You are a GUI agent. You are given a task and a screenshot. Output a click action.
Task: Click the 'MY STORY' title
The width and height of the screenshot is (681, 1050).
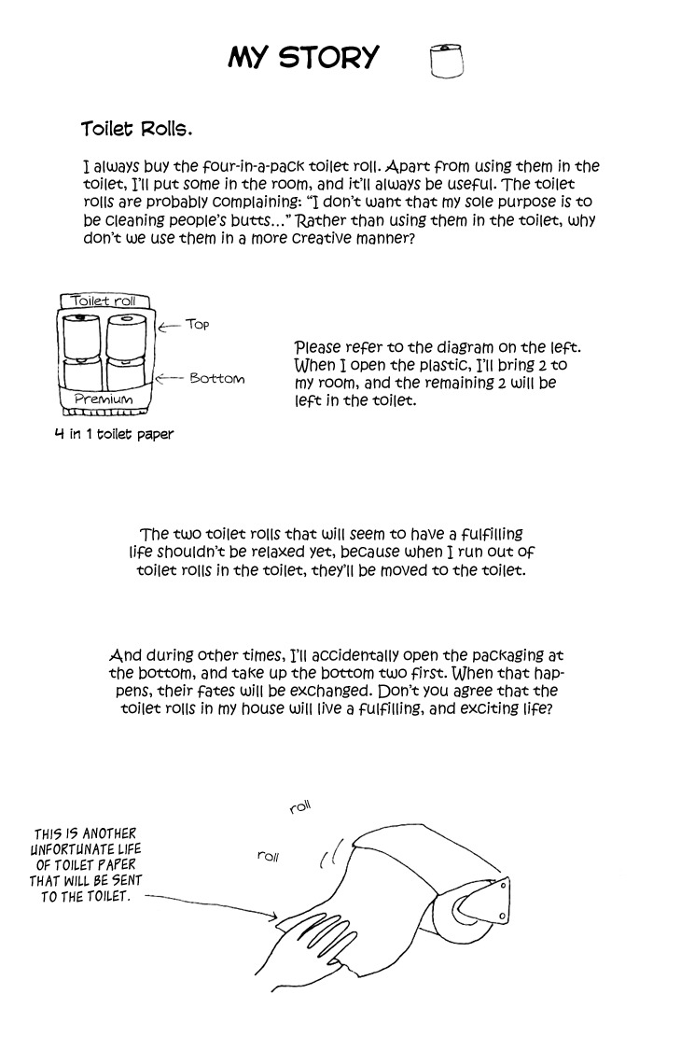pyautogui.click(x=303, y=58)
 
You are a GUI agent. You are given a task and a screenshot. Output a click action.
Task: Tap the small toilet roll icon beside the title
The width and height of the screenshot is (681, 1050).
pyautogui.click(x=447, y=60)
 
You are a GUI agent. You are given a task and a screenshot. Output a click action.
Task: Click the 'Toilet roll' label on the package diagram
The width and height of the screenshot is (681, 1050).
pyautogui.click(x=104, y=301)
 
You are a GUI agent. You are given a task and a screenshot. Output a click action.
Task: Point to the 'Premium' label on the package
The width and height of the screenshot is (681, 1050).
pyautogui.click(x=103, y=399)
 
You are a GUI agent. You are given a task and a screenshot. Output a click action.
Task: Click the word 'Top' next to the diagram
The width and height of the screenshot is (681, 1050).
pyautogui.click(x=197, y=324)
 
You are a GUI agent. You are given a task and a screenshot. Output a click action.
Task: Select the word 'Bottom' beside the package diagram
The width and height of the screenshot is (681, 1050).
pyautogui.click(x=216, y=378)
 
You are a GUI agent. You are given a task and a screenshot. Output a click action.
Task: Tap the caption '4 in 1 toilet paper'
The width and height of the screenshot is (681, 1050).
pyautogui.click(x=114, y=434)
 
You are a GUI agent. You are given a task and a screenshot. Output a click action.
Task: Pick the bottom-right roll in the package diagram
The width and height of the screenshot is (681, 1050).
pyautogui.click(x=127, y=372)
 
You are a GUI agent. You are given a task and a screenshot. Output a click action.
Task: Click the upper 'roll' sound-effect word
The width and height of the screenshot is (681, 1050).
pyautogui.click(x=299, y=807)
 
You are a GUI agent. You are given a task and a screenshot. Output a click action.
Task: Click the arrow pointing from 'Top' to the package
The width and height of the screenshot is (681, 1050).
pyautogui.click(x=170, y=326)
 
